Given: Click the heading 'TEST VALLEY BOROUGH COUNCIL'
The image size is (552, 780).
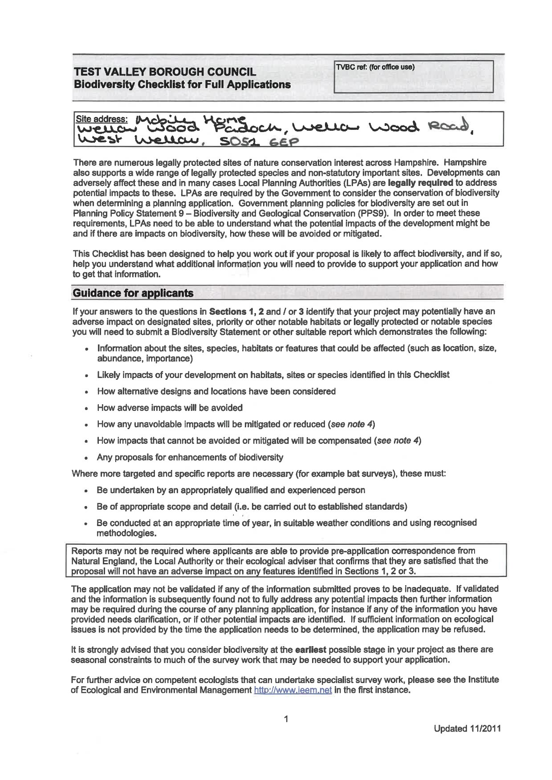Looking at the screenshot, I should [x=165, y=72].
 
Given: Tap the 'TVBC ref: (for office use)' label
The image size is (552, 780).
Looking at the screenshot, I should [x=375, y=67].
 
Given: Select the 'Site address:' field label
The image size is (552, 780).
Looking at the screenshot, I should [x=101, y=119].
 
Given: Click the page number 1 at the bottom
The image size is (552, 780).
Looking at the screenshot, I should [x=286, y=719].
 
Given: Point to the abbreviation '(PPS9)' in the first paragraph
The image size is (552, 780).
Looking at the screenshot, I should [x=377, y=213].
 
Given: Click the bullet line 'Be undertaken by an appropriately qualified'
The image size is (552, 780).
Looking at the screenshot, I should [x=231, y=490].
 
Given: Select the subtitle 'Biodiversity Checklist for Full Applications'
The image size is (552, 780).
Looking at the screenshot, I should [x=182, y=84].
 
